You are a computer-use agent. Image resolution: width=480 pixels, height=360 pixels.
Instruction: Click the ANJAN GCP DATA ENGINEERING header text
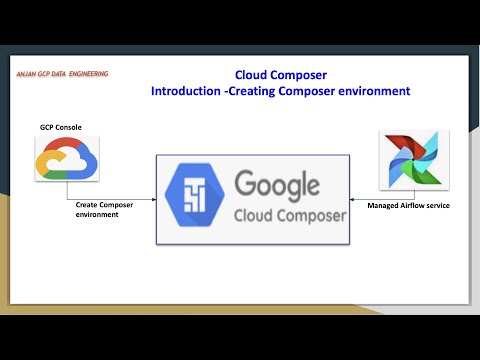coord(62,73)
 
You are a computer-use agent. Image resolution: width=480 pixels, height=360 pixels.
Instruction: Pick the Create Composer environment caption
coord(104,207)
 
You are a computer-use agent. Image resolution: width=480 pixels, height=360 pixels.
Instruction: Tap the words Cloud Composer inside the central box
coord(289,215)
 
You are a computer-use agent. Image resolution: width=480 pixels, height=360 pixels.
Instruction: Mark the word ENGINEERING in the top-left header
coord(88,73)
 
